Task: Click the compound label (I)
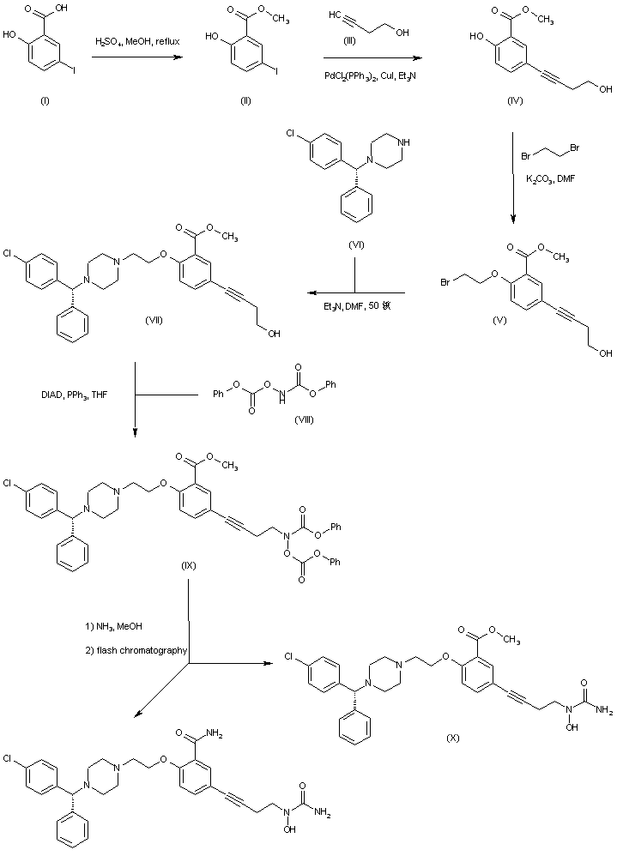tap(45, 100)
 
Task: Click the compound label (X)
tap(455, 737)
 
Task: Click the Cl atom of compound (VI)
tap(293, 134)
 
